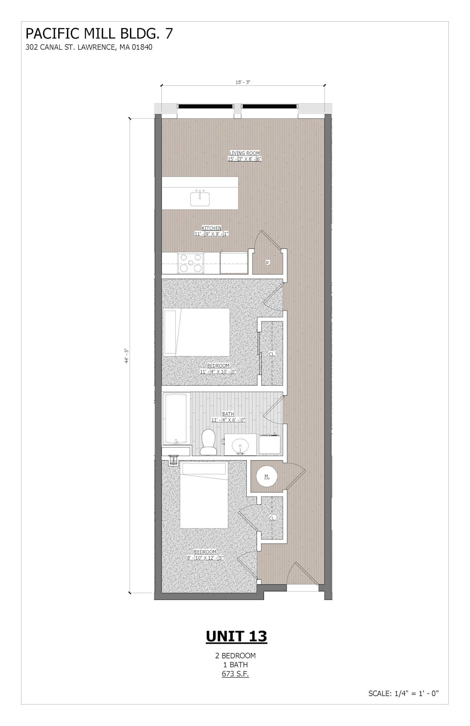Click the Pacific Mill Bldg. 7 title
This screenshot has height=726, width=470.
99,34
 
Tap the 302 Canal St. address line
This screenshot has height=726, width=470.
89,47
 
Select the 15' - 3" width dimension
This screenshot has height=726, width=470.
243,82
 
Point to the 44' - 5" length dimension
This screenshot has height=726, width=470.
127,356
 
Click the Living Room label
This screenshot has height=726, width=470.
245,153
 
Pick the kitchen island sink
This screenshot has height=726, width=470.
200,198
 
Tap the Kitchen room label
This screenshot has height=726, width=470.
211,228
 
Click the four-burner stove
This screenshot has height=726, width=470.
190,263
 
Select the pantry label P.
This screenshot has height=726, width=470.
268,263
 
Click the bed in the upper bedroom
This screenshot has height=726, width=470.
196,332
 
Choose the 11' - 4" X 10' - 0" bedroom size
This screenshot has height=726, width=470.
218,371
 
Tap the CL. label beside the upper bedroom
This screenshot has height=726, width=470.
272,354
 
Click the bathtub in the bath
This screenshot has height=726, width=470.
176,419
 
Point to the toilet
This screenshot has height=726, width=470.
208,442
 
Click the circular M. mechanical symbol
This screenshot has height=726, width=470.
267,477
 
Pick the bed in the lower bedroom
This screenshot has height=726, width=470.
204,495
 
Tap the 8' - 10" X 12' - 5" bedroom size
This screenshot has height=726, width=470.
205,558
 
